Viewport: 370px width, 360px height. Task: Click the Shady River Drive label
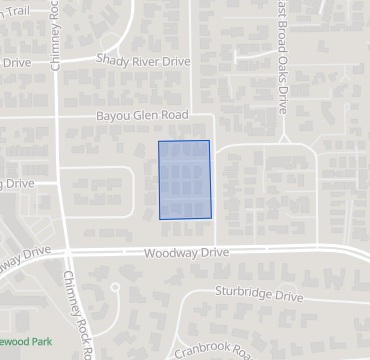(x=143, y=60)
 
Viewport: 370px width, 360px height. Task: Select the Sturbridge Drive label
(x=259, y=296)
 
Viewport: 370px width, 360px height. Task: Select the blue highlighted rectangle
(x=185, y=180)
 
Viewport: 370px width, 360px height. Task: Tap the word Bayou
(x=114, y=116)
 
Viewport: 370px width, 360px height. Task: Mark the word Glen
(x=145, y=116)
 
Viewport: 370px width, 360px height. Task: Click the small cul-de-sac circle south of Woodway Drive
(x=115, y=288)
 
